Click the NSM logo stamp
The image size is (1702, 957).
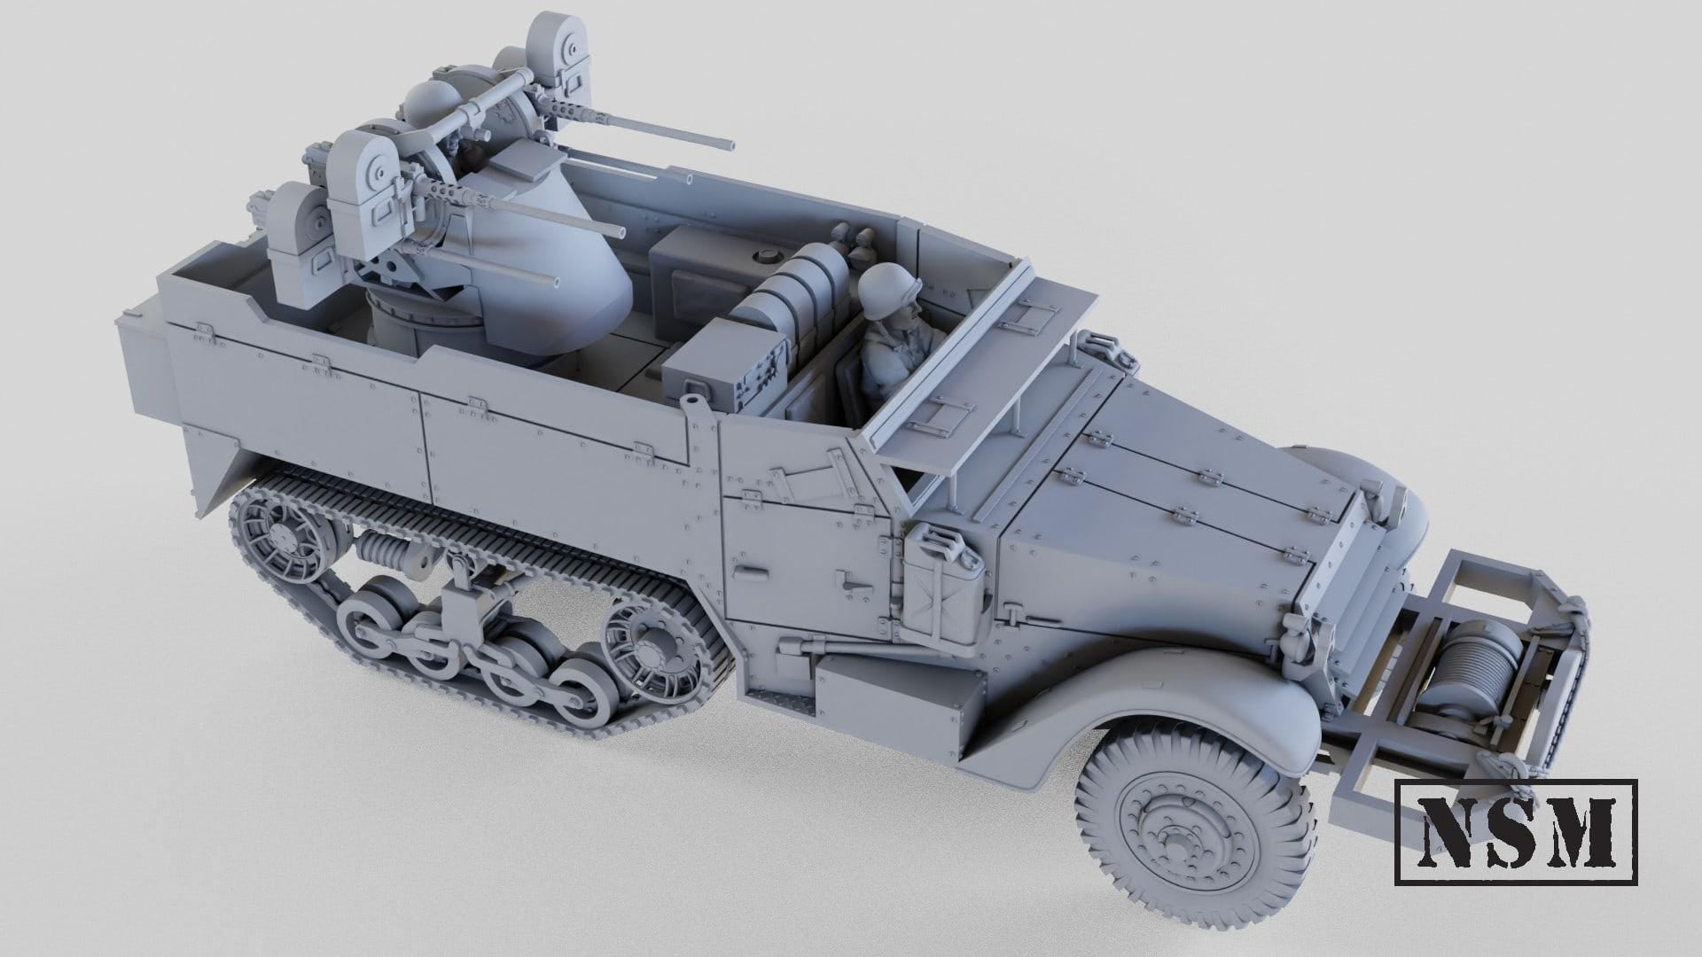pyautogui.click(x=1517, y=831)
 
